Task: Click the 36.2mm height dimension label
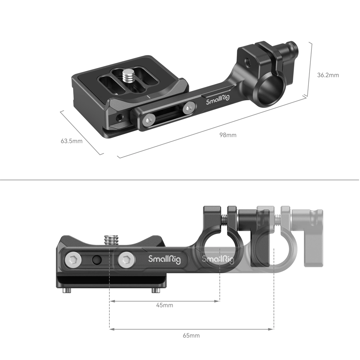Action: [328, 75]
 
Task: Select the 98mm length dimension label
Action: [228, 135]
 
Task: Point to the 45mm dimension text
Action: [164, 305]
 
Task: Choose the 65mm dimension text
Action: [191, 336]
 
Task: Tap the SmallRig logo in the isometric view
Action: [217, 102]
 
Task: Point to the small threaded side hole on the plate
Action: [120, 116]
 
